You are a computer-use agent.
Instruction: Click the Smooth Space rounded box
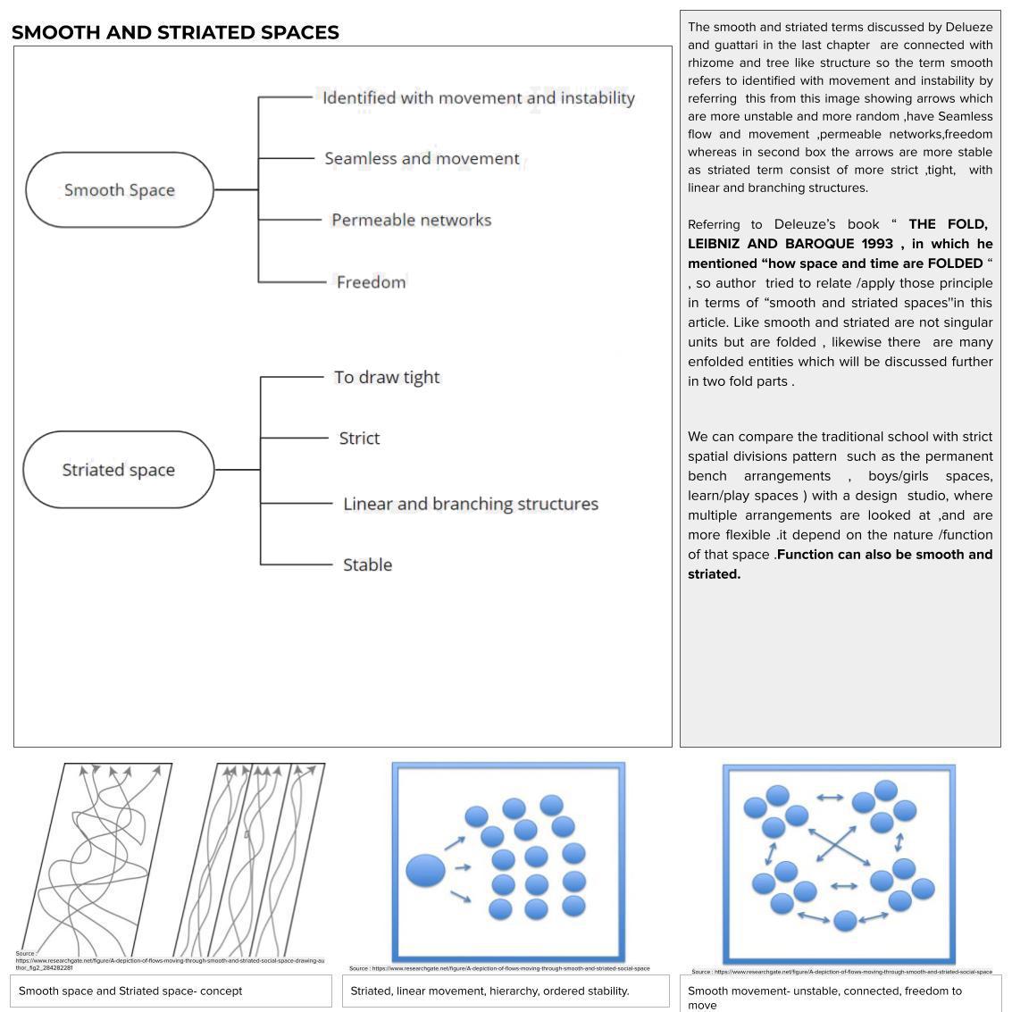pos(120,190)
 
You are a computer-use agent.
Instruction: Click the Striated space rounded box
pos(119,470)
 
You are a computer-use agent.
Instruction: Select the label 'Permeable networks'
pos(411,220)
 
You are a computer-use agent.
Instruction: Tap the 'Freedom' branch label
pos(371,282)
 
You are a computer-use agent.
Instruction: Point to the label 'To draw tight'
pos(387,377)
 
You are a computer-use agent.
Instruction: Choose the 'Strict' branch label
pos(359,439)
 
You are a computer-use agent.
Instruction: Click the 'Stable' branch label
pos(367,565)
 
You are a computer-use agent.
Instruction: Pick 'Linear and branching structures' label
pos(471,504)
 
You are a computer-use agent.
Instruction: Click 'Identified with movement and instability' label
pos(479,98)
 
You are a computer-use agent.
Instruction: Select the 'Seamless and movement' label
pos(422,159)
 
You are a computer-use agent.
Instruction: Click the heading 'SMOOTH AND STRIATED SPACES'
pos(175,33)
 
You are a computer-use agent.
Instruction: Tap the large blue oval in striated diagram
pos(425,870)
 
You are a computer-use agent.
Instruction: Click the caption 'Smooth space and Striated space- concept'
pos(130,991)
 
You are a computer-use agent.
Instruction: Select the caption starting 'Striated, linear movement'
pos(489,991)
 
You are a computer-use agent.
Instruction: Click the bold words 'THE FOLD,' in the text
pos(948,224)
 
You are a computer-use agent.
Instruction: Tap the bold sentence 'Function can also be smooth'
pos(884,555)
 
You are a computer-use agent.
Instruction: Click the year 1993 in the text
pos(877,244)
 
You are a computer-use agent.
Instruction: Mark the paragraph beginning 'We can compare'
pos(840,505)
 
